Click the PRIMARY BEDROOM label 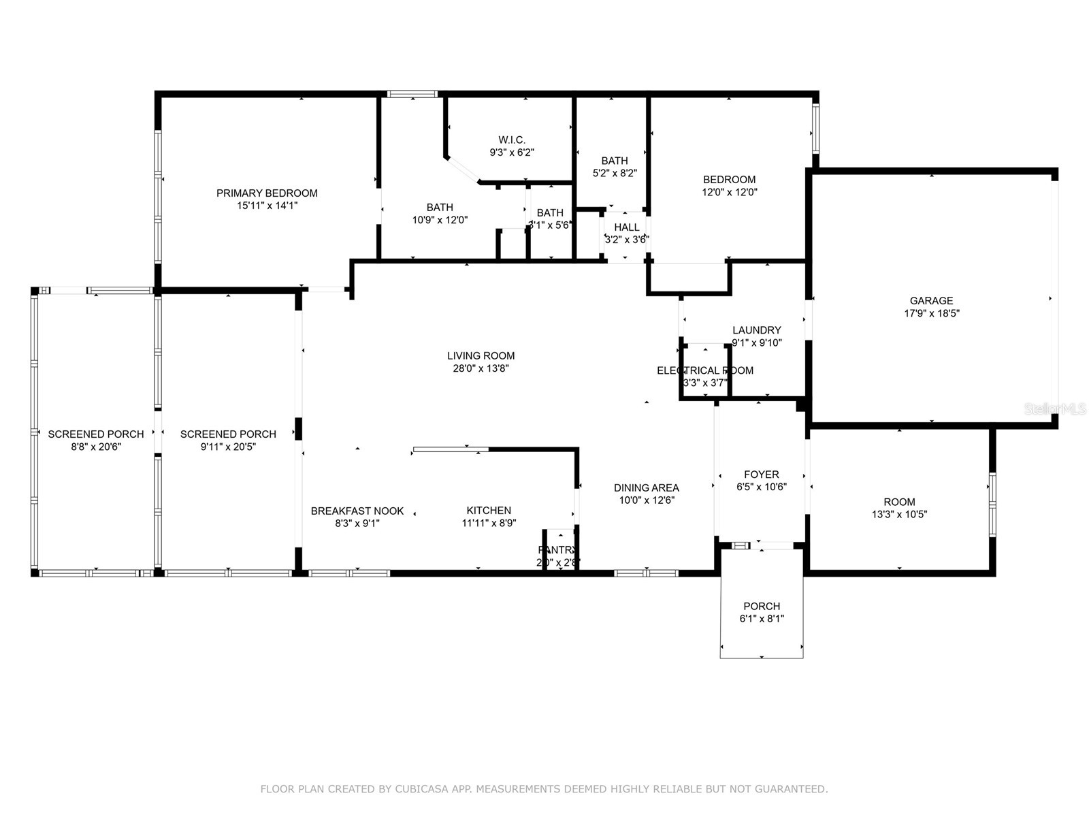tap(267, 193)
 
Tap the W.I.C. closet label tap(512, 140)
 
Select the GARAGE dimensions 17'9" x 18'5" tap(931, 314)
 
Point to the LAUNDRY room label tap(756, 330)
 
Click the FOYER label tap(761, 475)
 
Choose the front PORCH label tap(762, 606)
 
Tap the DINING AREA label tap(646, 487)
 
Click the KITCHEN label tap(489, 511)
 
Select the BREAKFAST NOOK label tap(357, 511)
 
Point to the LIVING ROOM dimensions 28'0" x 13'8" tap(481, 368)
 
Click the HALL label tap(626, 227)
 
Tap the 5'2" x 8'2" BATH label tap(614, 161)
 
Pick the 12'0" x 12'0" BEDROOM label tap(729, 180)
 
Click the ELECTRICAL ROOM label tap(704, 370)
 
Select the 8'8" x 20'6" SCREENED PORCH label tap(96, 434)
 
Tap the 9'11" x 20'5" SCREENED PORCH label tap(228, 434)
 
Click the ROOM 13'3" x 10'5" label tap(899, 502)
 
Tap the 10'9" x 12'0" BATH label tap(440, 208)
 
